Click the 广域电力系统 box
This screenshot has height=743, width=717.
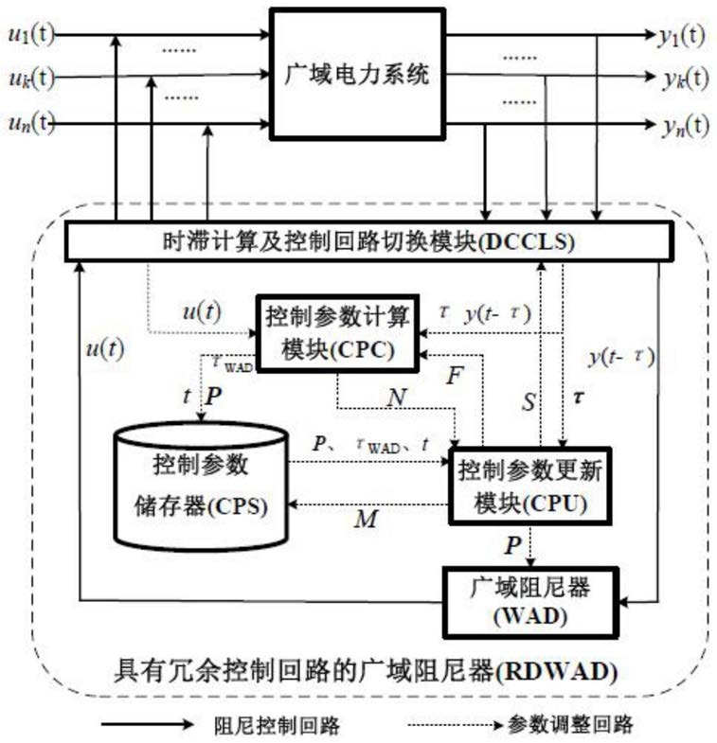click(x=357, y=75)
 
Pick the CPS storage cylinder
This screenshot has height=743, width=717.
click(x=200, y=485)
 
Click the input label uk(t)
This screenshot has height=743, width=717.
click(x=30, y=77)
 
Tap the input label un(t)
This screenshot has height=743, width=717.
click(x=30, y=122)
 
